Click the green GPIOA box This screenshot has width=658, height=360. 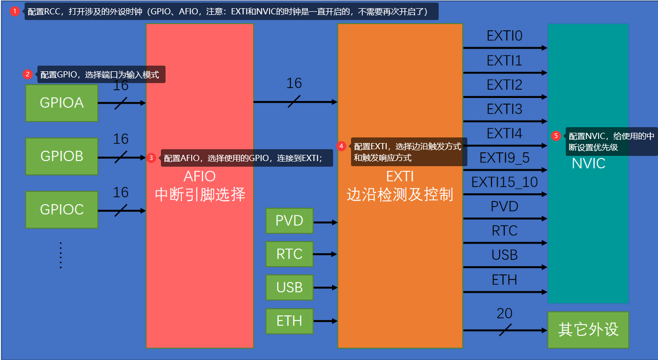click(61, 103)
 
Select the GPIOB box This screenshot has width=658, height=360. click(61, 156)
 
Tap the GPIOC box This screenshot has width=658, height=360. click(61, 209)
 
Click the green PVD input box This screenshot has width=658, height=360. click(289, 221)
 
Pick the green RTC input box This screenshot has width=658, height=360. click(289, 254)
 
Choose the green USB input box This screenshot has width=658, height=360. click(289, 287)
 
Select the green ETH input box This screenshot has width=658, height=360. click(289, 321)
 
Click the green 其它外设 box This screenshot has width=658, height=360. click(588, 330)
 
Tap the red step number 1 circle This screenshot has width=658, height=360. click(15, 11)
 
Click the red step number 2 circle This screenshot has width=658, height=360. click(28, 74)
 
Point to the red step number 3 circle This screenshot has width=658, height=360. click(151, 158)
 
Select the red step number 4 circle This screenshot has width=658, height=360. click(341, 146)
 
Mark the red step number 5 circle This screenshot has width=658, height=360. click(556, 136)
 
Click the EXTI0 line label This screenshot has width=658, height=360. click(504, 36)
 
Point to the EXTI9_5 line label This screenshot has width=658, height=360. click(504, 158)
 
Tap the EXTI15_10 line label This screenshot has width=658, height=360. click(504, 182)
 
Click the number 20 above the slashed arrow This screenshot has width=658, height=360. click(504, 313)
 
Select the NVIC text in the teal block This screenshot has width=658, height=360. click(588, 164)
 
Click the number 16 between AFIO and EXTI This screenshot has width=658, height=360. click(294, 83)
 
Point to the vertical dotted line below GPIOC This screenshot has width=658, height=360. click(60, 255)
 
